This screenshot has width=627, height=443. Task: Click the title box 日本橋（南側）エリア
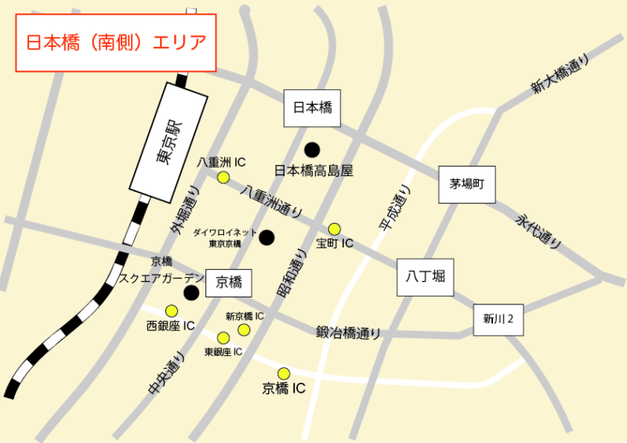(x=116, y=42)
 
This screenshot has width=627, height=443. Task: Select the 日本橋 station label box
(x=313, y=108)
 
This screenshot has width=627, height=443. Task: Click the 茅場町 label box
(x=468, y=185)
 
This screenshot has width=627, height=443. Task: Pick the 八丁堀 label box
(x=426, y=277)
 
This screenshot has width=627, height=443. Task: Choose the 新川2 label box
(x=498, y=319)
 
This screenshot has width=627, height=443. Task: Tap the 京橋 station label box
(x=229, y=283)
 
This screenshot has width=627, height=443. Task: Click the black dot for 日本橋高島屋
(x=312, y=149)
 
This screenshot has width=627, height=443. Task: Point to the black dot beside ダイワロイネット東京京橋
(x=267, y=237)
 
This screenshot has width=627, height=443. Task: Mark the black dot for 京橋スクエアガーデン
(x=190, y=293)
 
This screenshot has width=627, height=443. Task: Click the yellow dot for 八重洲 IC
(x=223, y=178)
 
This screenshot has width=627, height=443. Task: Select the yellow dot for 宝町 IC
(x=335, y=229)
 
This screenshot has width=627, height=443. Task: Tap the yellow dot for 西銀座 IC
(x=171, y=310)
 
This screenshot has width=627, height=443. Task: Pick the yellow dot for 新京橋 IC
(x=244, y=330)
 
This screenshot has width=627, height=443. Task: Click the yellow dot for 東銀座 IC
(x=223, y=338)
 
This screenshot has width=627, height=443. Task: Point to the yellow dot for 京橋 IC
(x=284, y=373)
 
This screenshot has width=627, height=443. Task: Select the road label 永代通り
(x=539, y=232)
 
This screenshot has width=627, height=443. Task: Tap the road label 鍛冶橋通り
(x=349, y=333)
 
